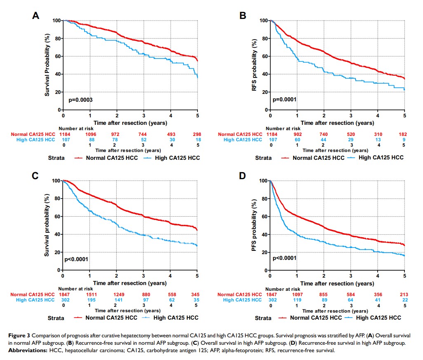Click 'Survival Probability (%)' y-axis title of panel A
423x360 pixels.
pyautogui.click(x=49, y=65)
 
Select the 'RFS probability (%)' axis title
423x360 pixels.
pyautogui.click(x=256, y=65)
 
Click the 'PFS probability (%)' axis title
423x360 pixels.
pyautogui.click(x=256, y=225)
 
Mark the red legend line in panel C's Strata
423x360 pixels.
pyautogui.click(x=79, y=318)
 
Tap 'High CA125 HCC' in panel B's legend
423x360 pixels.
pyautogui.click(x=380, y=157)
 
